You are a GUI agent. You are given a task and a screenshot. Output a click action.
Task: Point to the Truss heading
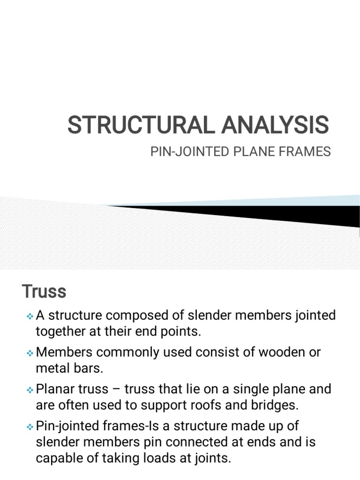coord(44,292)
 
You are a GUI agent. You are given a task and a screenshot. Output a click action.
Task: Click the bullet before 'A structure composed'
coord(30,316)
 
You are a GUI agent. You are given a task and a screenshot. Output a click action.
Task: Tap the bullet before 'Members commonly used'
coord(30,353)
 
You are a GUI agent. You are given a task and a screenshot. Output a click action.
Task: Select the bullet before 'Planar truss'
coord(30,390)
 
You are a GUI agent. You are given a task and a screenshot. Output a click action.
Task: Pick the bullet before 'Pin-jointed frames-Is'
coord(30,427)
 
